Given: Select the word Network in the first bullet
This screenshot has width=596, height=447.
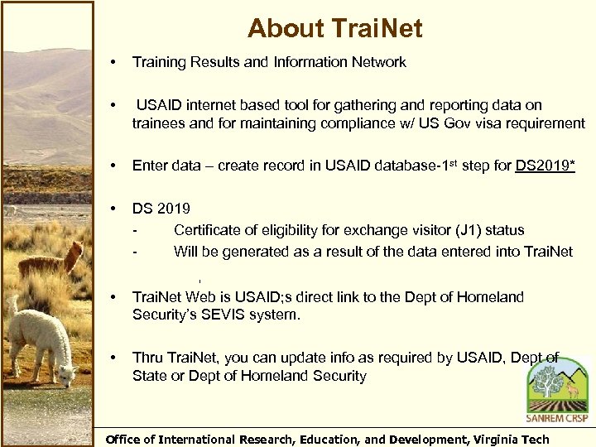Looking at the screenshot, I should coord(378,62).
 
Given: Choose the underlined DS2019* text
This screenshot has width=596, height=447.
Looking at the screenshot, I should coord(545,166).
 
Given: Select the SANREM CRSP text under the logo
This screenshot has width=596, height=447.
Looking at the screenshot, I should coord(556,418).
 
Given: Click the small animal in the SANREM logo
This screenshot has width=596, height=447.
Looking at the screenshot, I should coord(571,388).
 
